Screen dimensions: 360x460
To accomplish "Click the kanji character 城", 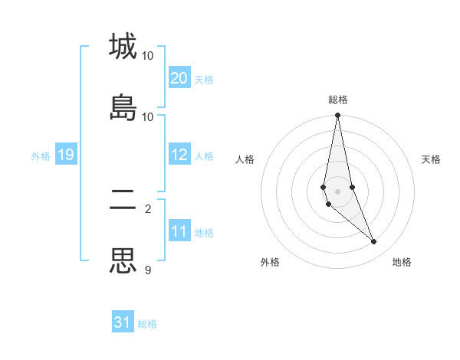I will click(123, 47).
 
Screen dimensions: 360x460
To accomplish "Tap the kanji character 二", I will click(123, 201).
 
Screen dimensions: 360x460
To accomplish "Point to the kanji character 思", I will click(123, 260).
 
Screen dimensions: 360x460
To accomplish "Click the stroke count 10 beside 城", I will click(148, 56).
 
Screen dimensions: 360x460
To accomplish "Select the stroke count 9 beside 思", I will click(148, 270).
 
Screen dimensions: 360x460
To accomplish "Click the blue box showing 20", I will click(179, 78).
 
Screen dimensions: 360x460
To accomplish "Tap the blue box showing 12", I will click(179, 155).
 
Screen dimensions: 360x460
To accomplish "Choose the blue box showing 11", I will click(179, 231).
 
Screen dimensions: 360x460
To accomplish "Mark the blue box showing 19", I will click(66, 155).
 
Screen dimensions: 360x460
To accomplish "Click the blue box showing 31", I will click(123, 322).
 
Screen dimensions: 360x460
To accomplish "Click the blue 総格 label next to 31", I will click(147, 324).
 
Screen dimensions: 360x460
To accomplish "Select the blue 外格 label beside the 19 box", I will click(41, 156).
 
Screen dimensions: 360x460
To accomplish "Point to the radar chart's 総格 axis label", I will click(338, 100).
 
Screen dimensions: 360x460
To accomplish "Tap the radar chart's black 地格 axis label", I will click(402, 262).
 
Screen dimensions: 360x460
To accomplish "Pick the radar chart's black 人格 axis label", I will click(245, 159).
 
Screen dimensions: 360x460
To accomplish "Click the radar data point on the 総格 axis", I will click(337, 116).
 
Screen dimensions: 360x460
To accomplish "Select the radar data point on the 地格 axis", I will click(374, 241).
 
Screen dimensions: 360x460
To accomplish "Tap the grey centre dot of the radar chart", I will click(337, 191).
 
